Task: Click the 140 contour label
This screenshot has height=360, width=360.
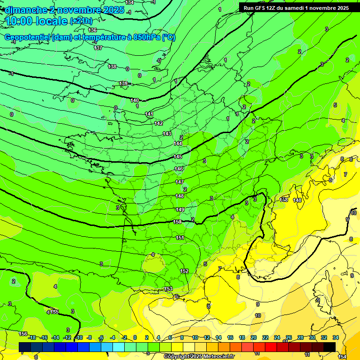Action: (135, 100)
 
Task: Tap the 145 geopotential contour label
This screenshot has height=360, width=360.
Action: (178, 157)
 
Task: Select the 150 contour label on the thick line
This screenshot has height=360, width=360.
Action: (177, 222)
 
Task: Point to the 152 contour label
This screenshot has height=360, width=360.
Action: (184, 271)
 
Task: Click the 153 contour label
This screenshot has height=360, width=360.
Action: (168, 289)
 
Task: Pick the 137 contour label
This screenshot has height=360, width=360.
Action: (98, 48)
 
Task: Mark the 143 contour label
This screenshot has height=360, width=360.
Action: (167, 134)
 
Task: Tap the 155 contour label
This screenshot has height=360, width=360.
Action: (55, 312)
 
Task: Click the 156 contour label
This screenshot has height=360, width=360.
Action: (22, 334)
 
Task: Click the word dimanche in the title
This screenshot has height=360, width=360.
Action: (26, 10)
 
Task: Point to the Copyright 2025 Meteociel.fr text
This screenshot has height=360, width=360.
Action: (199, 356)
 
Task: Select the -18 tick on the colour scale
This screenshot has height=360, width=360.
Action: (32, 337)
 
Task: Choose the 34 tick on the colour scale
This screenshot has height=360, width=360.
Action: (336, 337)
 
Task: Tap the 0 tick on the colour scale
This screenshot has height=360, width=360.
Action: (135, 337)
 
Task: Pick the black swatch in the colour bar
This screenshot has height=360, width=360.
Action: (330, 347)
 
